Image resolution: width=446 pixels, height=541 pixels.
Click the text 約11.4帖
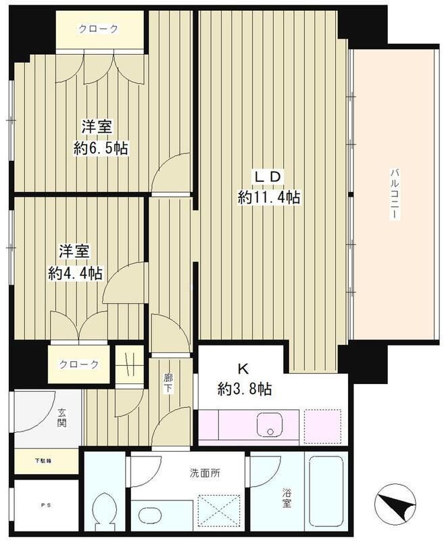268,197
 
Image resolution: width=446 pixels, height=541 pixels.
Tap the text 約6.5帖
101,147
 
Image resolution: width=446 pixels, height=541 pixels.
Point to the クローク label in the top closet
99,28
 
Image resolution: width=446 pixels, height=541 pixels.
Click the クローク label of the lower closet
79,364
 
